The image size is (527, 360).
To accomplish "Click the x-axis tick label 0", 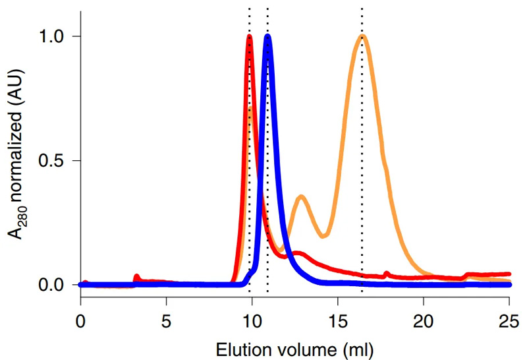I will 80,323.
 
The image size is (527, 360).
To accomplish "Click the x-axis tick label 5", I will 166,323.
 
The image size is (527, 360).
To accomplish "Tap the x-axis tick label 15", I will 338,323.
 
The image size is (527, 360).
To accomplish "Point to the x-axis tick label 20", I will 424,323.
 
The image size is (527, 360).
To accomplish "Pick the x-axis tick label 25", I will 509,323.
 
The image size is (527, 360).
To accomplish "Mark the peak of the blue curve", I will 267,36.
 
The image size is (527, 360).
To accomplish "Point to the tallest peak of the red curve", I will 250,37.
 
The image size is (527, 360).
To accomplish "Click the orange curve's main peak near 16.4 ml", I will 362,36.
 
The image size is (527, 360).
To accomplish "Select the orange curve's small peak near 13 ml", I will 301,196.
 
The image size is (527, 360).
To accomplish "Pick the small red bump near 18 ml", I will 387,272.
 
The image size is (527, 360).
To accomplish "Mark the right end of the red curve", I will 509,273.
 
